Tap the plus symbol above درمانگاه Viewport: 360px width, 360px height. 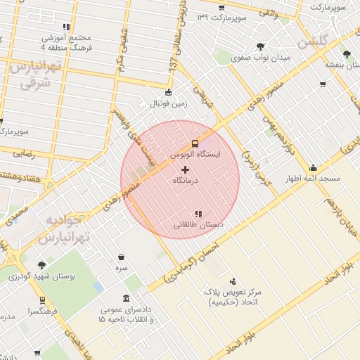(x=186, y=169)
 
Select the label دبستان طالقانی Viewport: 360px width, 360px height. (x=198, y=225)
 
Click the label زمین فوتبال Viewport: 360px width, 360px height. (x=167, y=103)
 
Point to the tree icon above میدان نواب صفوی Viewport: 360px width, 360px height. (x=260, y=46)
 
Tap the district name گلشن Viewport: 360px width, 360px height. (x=314, y=42)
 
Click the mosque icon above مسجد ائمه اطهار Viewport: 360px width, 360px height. (x=313, y=168)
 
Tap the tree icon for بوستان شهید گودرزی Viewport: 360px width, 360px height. (x=41, y=265)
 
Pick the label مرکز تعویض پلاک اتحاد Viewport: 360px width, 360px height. (x=232, y=296)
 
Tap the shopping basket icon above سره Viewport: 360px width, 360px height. (x=122, y=257)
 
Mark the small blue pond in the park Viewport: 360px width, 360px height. (x=96, y=288)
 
